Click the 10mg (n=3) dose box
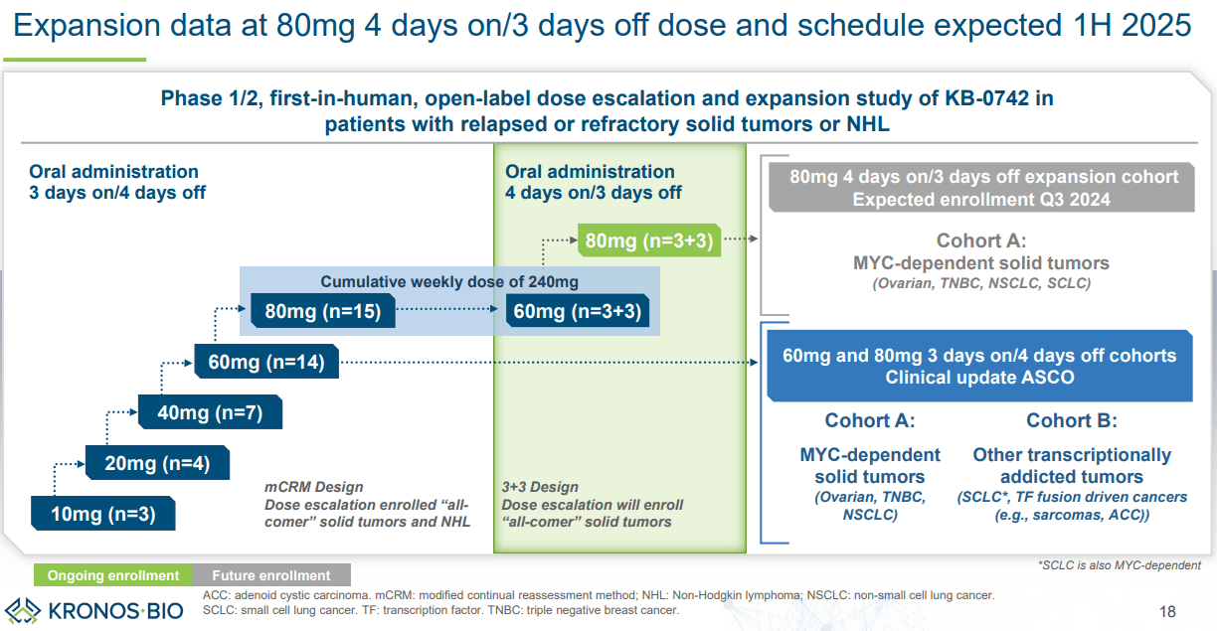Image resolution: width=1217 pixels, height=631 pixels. point(102,514)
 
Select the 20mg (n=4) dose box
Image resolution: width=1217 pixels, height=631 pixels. point(157,462)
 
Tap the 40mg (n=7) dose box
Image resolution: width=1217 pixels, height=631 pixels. point(210,411)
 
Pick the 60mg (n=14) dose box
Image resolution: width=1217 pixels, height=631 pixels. point(265,362)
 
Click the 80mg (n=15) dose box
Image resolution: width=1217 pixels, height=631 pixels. point(322,312)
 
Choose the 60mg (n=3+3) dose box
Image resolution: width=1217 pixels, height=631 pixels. point(576,312)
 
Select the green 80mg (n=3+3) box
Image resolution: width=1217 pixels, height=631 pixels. point(648,240)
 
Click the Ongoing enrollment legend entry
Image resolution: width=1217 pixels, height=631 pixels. point(113,575)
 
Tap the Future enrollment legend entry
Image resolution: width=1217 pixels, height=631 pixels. point(271,575)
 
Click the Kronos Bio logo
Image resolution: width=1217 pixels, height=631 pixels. point(95,608)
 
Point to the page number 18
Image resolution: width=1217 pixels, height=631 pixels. point(1168,610)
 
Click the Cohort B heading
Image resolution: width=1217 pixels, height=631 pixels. point(1071,420)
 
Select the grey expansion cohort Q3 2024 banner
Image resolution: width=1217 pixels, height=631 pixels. point(979,188)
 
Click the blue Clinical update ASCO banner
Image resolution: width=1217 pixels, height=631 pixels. point(979,366)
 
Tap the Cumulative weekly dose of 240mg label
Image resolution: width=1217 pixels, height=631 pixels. point(448,282)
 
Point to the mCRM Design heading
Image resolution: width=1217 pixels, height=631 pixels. point(313,487)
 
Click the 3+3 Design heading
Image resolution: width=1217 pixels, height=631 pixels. point(540,487)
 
